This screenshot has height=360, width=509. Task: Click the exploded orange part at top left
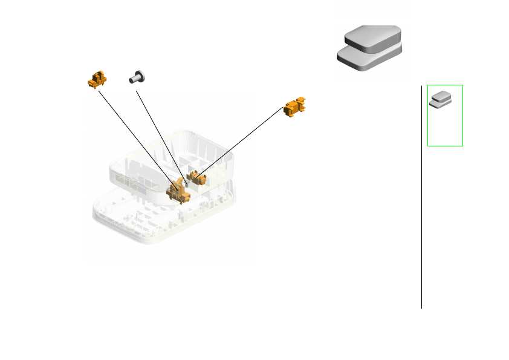97,79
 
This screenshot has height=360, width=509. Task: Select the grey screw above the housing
137,77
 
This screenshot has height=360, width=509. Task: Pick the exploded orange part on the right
296,106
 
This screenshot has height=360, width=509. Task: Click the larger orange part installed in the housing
178,191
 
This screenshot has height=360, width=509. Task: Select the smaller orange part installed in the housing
198,177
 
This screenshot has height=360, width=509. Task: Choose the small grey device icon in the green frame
441,99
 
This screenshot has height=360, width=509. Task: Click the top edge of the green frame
445,85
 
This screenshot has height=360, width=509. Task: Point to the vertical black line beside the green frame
421,212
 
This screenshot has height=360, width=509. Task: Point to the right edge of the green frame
463,115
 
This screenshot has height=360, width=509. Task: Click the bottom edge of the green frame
445,146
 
